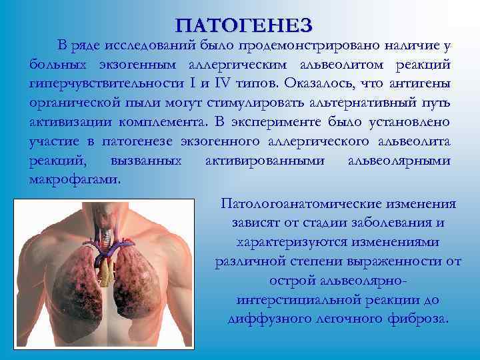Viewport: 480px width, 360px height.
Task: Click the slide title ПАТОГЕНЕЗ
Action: [243, 25]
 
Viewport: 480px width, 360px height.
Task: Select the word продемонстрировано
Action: [308, 45]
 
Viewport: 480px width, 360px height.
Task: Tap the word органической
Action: [75, 103]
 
